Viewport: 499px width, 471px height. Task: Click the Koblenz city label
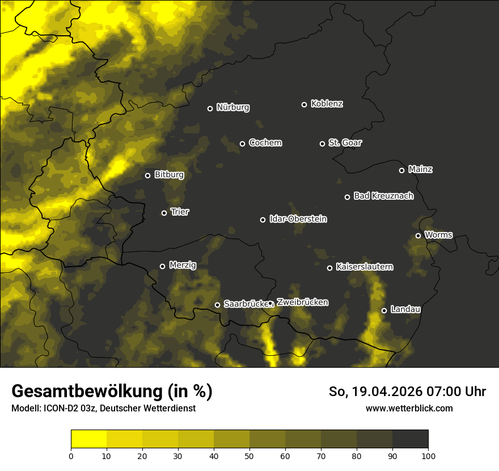(327, 104)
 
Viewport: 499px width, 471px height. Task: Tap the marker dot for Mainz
(401, 170)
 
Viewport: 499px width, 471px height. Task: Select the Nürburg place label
(232, 107)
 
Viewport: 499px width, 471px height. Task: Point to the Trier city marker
(164, 213)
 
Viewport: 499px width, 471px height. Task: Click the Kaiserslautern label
(364, 267)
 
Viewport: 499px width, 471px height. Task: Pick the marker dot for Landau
(384, 310)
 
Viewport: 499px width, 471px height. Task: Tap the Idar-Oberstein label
(298, 219)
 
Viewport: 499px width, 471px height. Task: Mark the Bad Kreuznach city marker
(348, 197)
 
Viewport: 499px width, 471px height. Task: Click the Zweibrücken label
(302, 302)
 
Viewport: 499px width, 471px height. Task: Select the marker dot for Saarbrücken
(217, 305)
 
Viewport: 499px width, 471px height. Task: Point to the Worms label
(438, 234)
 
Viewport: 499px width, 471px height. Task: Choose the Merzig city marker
(162, 266)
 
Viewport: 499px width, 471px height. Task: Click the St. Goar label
(345, 142)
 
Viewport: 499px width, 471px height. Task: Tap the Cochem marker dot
(242, 144)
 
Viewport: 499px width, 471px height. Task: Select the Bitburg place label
(169, 175)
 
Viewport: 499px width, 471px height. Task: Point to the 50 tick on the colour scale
(249, 455)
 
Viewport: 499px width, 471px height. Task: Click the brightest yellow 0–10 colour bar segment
(88, 439)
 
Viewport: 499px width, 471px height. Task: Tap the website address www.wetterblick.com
(409, 408)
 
